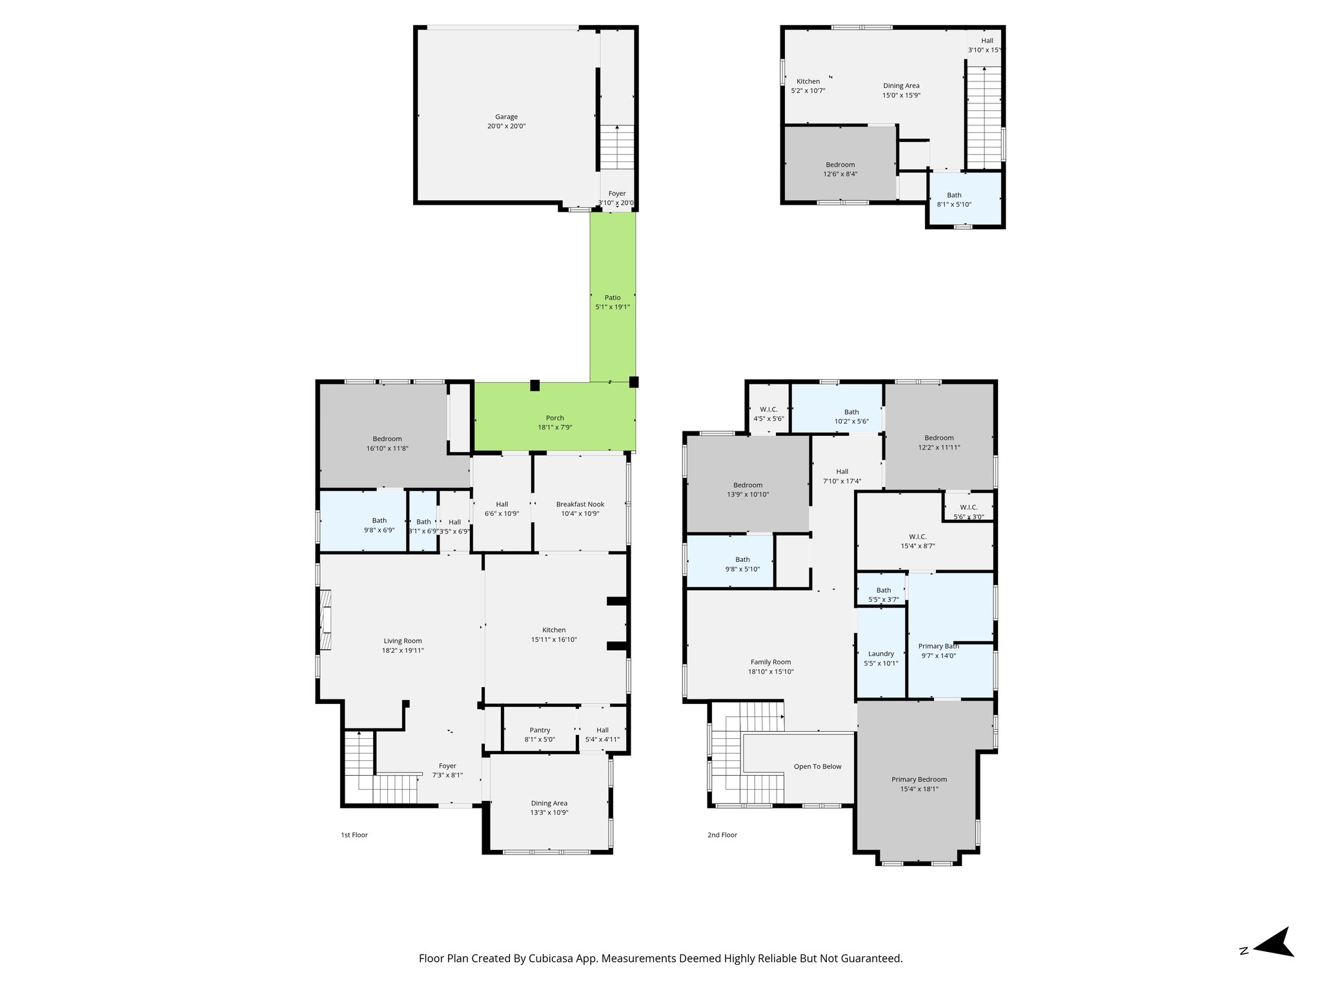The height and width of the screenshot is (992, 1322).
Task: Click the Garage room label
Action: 506,117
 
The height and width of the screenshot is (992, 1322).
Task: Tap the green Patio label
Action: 612,298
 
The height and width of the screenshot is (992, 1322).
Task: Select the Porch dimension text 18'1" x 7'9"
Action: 554,428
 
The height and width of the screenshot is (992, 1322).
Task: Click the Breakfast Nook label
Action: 580,504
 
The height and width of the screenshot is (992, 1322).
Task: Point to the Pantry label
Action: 540,730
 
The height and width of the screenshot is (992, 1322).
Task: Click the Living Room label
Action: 402,641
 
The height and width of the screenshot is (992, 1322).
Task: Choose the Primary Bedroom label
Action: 919,780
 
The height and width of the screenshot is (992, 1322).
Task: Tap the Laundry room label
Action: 880,654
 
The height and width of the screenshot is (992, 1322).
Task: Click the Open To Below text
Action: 817,767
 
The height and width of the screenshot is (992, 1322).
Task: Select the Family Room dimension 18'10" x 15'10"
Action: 770,672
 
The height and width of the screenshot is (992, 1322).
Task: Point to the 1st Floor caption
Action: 354,835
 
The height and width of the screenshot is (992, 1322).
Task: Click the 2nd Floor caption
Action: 722,835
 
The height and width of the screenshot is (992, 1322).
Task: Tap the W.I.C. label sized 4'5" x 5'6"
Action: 768,409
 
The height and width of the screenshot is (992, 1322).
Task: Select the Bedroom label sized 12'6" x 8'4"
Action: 840,165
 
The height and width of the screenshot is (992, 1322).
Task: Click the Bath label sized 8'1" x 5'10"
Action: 953,195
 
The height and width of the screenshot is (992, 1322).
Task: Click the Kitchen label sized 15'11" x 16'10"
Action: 553,630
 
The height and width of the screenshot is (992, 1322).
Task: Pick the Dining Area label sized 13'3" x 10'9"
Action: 549,803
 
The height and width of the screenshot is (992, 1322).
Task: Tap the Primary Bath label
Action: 938,646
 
